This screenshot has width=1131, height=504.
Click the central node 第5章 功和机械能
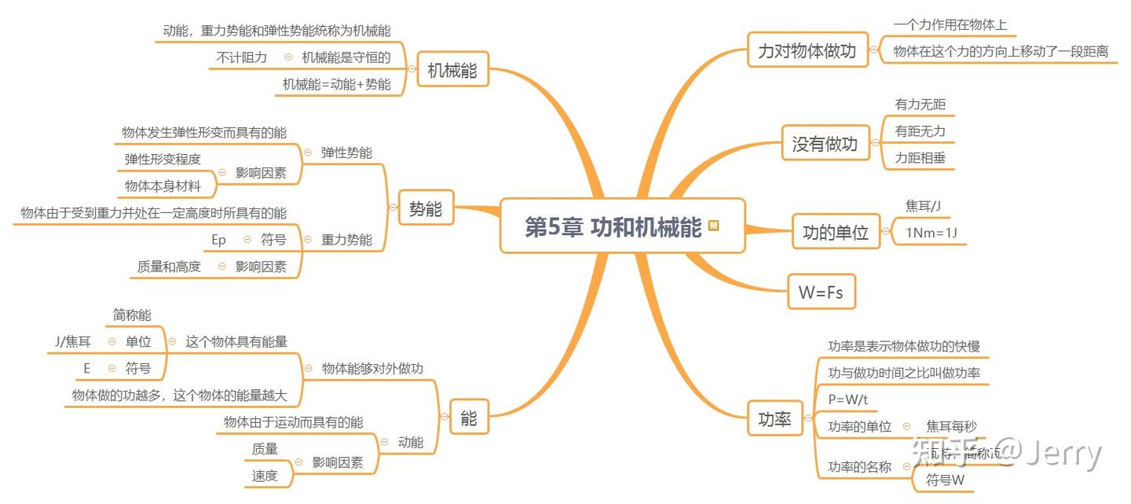coord(613,227)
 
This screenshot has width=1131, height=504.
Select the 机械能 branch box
coord(452,72)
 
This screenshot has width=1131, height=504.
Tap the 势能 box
coord(426,209)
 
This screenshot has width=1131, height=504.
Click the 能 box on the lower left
coord(469,418)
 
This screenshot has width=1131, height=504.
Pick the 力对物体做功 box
coord(807,51)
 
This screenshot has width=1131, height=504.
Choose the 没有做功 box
coord(825,144)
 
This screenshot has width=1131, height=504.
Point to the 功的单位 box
coord(836,232)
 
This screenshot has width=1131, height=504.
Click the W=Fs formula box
coord(821,292)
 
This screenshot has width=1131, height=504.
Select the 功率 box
coord(774,418)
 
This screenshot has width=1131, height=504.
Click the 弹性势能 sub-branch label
coord(346,153)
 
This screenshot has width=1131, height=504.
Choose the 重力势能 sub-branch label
coord(346,240)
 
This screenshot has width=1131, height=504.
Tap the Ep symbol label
coord(218,240)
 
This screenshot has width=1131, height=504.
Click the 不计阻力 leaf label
coord(242,57)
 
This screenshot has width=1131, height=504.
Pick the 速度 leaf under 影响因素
coord(265,476)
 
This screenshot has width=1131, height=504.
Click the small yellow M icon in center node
coord(713,226)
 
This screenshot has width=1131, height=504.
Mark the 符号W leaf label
coord(945,480)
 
